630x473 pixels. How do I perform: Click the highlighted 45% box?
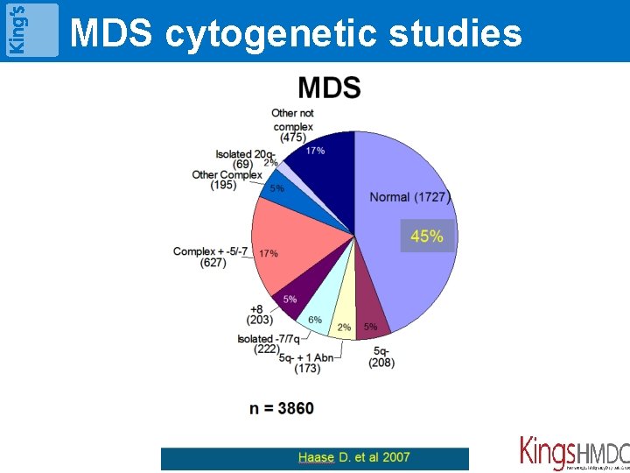click(x=427, y=236)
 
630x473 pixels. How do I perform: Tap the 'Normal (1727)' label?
click(x=409, y=197)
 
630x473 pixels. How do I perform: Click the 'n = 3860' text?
click(x=282, y=408)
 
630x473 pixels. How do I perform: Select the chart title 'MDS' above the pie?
click(x=329, y=88)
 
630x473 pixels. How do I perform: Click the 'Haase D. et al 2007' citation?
click(x=353, y=457)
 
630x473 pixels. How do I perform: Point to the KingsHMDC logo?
click(x=574, y=453)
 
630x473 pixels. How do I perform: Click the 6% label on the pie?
click(x=315, y=320)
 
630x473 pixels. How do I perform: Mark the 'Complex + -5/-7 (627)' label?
click(x=212, y=257)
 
